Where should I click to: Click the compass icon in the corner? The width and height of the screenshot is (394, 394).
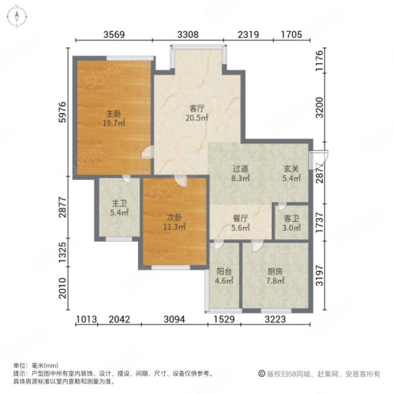coord(17,16)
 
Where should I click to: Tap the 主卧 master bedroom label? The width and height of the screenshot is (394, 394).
coord(114,114)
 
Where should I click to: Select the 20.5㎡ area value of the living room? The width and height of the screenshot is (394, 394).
coord(197,118)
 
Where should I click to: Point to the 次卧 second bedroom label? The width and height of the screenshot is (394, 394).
coord(175,217)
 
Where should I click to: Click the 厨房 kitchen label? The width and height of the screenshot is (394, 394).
coord(275,271)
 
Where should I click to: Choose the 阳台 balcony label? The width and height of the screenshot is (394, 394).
coord(224,271)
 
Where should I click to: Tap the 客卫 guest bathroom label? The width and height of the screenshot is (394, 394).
coord(292,219)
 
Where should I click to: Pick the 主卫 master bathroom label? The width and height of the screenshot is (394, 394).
coord(119,204)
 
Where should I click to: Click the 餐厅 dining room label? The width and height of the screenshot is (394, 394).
coord(240,219)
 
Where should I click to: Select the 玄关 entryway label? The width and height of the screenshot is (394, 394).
coord(292,169)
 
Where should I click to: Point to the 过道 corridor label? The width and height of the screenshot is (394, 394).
coord(240,169)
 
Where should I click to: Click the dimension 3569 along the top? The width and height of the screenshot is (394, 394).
coord(114,34)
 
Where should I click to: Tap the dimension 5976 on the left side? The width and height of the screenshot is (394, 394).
coord(62,112)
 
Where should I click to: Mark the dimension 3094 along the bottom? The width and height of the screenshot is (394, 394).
coord(175,319)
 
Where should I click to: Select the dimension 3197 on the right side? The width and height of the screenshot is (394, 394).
coord(319,275)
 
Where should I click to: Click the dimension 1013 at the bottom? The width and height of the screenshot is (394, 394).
coord(86,319)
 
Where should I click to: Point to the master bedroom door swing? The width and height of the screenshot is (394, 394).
coord(148,152)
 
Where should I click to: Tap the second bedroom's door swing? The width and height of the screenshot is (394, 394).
coord(181,181)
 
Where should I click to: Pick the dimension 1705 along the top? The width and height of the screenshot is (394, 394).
coord(292,34)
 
